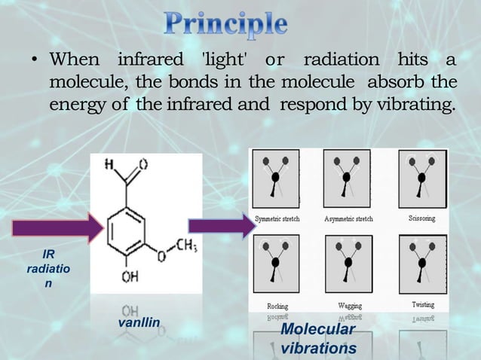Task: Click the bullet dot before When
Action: point(35,60)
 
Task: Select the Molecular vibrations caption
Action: point(317,340)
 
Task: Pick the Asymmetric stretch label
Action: point(348,218)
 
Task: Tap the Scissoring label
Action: point(421,218)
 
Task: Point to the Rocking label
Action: point(277,306)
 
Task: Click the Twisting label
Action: point(422,305)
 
